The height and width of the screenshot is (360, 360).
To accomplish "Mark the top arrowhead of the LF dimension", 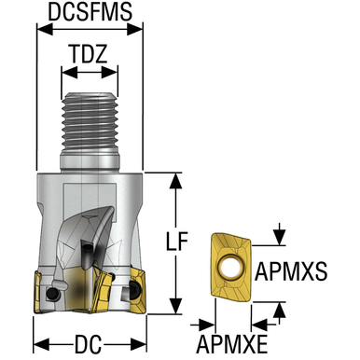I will pyautogui.click(x=177, y=180).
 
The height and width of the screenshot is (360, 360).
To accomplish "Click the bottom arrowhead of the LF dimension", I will pyautogui.click(x=177, y=312).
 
